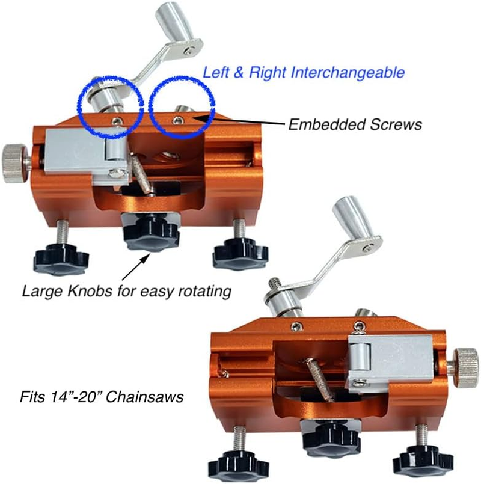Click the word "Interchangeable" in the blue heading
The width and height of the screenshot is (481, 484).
click(x=348, y=73)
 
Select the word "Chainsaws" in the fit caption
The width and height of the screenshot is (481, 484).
click(x=145, y=397)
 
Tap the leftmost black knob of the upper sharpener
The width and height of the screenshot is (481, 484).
click(x=61, y=257)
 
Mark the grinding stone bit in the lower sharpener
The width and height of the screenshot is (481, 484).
click(x=319, y=379)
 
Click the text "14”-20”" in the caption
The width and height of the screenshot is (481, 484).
click(x=75, y=396)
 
